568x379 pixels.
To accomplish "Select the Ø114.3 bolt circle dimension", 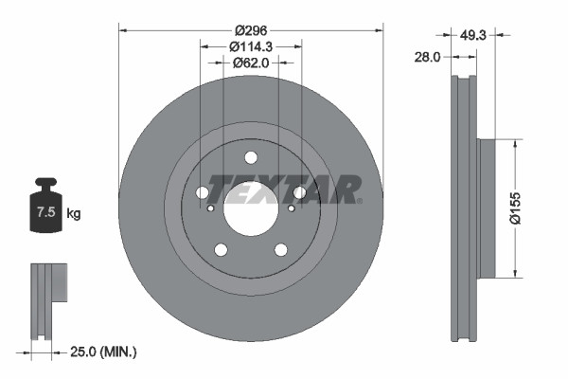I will pyautogui.click(x=251, y=45).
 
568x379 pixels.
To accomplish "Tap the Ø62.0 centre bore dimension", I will pyautogui.click(x=251, y=63).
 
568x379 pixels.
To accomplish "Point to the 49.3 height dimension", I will pyautogui.click(x=474, y=34).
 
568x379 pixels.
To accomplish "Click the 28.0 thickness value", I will pyautogui.click(x=430, y=57).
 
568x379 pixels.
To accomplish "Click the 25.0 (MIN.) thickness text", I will pyautogui.click(x=105, y=352).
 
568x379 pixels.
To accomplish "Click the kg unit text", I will pyautogui.click(x=74, y=214).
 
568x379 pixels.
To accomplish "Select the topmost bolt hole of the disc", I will pyautogui.click(x=251, y=158).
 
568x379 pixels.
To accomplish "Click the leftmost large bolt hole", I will pyautogui.click(x=203, y=193).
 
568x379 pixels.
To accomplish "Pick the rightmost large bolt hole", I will pyautogui.click(x=299, y=193).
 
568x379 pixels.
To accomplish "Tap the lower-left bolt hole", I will pyautogui.click(x=221, y=249).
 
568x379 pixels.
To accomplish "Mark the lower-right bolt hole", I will pyautogui.click(x=281, y=249).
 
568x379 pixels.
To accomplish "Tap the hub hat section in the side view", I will pyautogui.click(x=487, y=209).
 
